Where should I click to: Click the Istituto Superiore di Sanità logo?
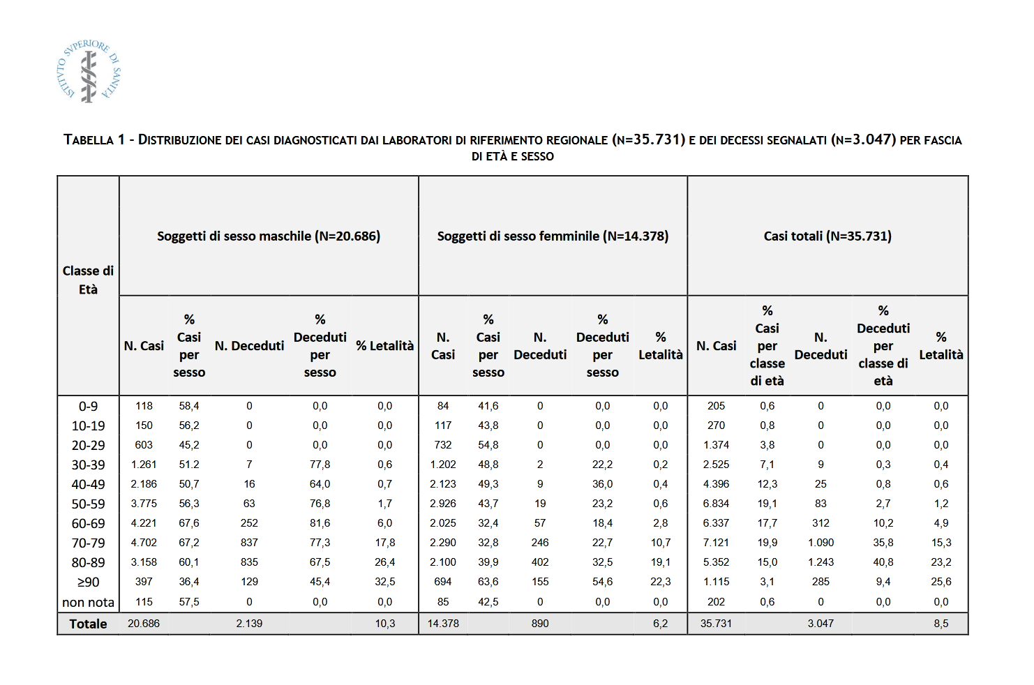pos(89,71)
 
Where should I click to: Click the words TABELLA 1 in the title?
pos(94,140)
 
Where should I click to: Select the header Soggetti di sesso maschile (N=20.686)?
pos(269,236)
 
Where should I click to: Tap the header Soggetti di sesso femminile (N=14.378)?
pos(553,236)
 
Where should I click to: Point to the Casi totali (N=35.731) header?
pos(827,236)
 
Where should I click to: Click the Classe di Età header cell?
pos(88,280)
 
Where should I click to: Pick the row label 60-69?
pos(88,523)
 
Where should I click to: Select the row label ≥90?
pos(88,582)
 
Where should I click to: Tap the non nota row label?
pos(88,602)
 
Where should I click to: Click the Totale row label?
pos(88,624)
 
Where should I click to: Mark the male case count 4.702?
pos(144,543)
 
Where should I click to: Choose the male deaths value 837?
pos(249,543)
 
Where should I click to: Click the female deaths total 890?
pos(540,624)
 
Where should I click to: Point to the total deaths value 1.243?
pos(821,562)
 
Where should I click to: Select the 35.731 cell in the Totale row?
pos(716,624)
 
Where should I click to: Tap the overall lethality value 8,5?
pos(941,624)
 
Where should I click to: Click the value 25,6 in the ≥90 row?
pos(941,582)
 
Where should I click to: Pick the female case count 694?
pos(443,582)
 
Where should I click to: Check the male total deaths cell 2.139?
pos(249,624)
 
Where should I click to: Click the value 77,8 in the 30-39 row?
pos(320,465)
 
